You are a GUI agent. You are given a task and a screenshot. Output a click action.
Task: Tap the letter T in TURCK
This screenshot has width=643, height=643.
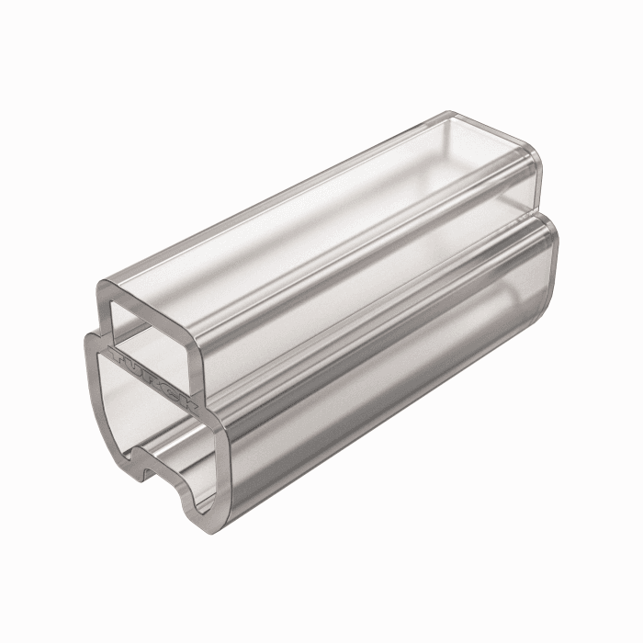[118, 353]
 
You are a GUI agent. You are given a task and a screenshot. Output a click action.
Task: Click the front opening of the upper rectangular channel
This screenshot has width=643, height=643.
[152, 321]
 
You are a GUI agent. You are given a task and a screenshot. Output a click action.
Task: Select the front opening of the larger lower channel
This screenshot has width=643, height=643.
[152, 413]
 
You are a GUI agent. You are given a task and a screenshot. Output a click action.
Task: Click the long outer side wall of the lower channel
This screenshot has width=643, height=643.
[386, 386]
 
